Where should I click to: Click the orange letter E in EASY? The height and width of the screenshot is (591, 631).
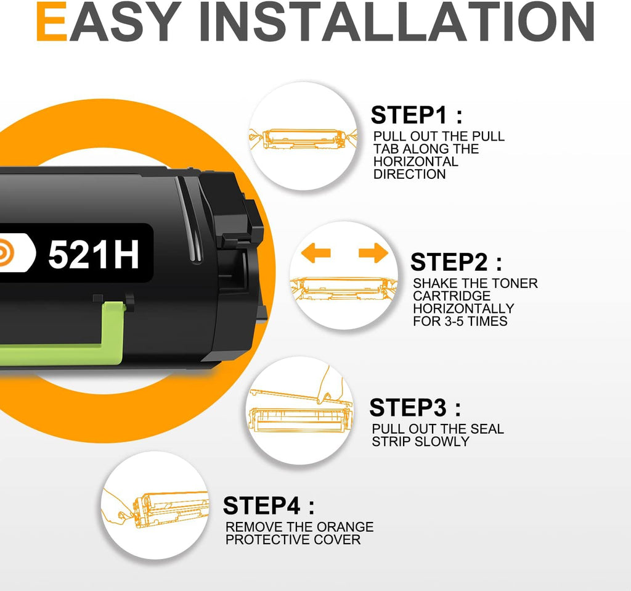52,22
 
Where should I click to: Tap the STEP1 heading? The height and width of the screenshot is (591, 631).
417,115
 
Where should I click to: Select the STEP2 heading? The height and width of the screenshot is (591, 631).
457,262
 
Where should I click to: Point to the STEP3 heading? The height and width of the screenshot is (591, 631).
415,407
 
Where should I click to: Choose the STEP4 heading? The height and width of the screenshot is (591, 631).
269,506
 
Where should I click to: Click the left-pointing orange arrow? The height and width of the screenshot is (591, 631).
316,253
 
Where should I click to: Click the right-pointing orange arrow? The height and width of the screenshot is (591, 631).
373,253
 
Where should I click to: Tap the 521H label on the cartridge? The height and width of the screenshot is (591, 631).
94,254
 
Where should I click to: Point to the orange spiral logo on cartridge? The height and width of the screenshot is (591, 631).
6,252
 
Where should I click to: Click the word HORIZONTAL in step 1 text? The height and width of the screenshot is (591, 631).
416,162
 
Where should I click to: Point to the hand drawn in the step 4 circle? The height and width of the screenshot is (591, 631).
116,508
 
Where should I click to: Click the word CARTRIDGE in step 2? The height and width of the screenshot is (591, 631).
452,296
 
